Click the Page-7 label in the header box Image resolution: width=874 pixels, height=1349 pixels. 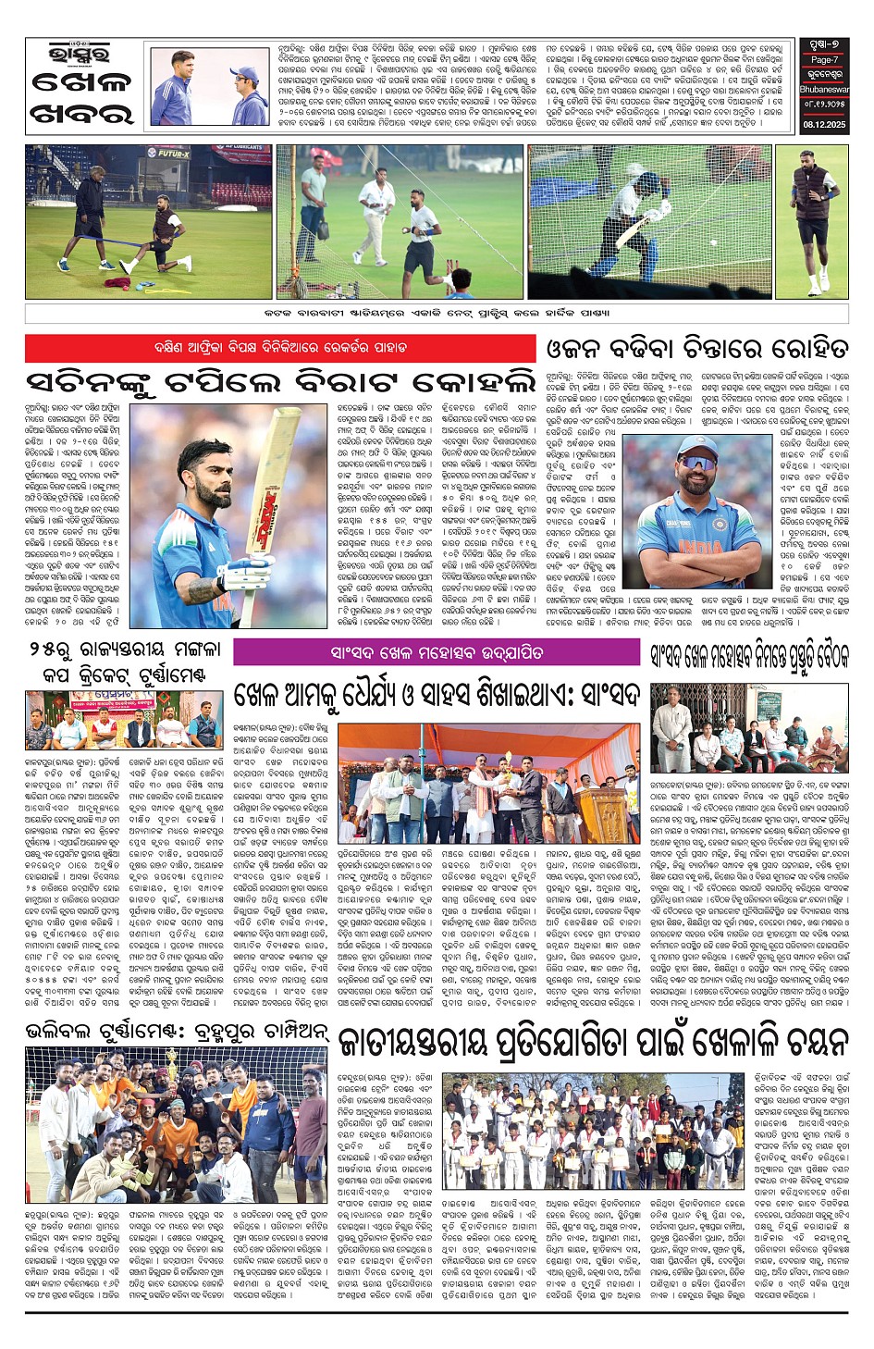coord(824,59)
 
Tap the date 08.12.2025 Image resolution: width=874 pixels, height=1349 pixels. coord(824,124)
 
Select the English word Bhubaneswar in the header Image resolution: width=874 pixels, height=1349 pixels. coord(824,91)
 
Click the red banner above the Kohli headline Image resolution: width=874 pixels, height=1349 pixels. coord(280,348)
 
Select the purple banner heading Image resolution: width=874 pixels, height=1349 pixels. coord(437,652)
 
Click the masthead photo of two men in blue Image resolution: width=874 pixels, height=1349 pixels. coord(211,87)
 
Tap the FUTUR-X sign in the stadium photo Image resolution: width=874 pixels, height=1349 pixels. coord(173,154)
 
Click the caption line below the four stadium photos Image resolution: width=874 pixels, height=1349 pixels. coord(437,313)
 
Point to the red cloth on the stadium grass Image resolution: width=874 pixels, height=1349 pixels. coord(117,282)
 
